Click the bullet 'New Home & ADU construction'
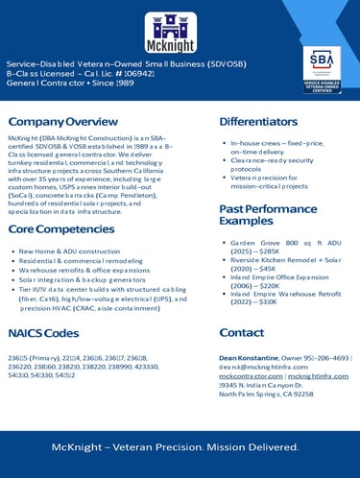(x=65, y=251)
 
